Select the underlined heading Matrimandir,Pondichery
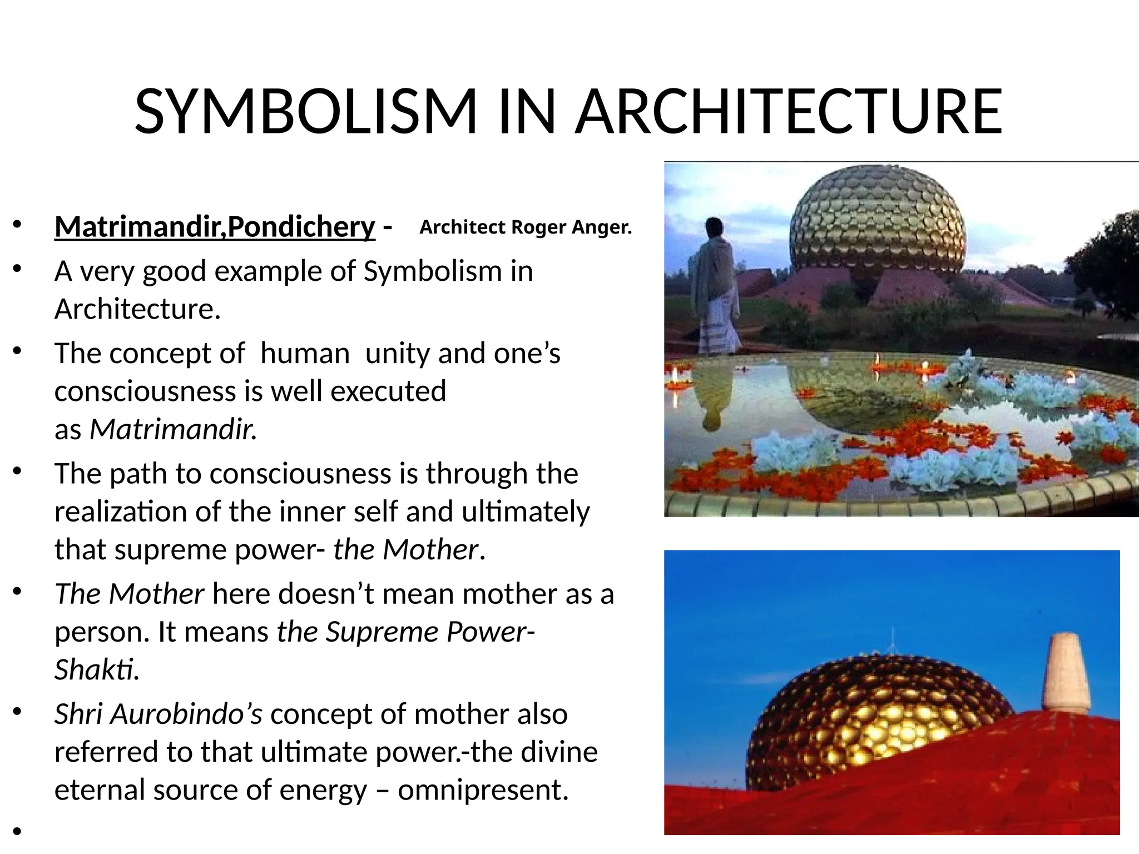[x=215, y=226]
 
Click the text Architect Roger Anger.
[x=526, y=227]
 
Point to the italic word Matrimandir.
[x=173, y=429]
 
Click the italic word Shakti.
[x=96, y=669]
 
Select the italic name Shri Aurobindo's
[x=158, y=714]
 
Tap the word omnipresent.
[x=483, y=790]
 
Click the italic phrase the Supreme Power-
[x=405, y=632]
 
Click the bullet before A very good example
[x=17, y=270]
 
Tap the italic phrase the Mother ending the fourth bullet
[x=405, y=550]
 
